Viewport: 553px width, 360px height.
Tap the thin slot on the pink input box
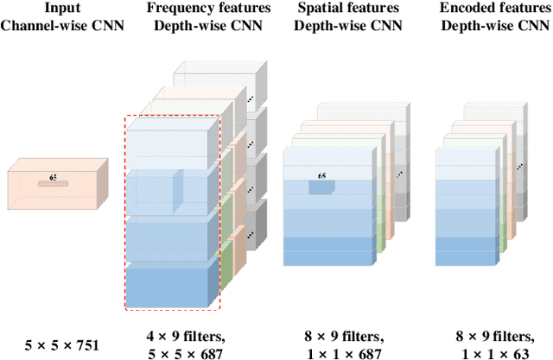53,184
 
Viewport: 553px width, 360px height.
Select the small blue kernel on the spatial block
321,187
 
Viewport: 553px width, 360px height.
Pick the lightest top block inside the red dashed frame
168,143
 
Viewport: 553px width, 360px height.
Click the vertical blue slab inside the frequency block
178,189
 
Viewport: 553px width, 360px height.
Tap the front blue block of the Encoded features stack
466,207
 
